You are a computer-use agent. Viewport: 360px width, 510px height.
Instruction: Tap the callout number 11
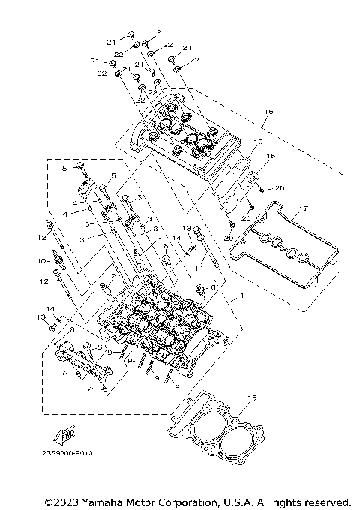point(199,268)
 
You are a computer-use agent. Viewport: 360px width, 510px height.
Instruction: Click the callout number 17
point(304,208)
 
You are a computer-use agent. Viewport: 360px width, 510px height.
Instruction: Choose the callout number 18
point(271,155)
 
